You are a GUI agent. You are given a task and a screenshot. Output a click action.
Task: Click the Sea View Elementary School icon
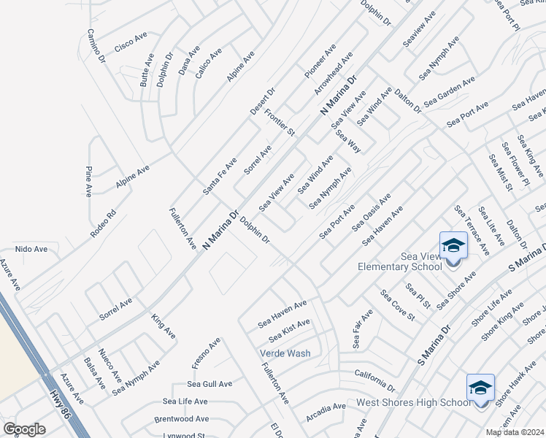point(453,246)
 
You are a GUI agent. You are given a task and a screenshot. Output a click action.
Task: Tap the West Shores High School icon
point(480,388)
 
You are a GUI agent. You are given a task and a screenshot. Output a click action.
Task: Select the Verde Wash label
point(285,353)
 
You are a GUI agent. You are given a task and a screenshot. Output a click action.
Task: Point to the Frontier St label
point(280,123)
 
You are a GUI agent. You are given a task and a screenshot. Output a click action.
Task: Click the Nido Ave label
point(31,249)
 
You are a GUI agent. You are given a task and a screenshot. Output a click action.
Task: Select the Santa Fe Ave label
point(220,176)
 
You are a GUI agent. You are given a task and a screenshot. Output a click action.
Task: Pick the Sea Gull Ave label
point(209,384)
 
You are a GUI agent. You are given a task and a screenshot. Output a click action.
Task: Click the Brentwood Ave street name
point(181,420)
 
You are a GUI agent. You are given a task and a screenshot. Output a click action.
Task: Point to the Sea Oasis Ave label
point(372,212)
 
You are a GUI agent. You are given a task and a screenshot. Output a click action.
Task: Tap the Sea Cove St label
point(398,306)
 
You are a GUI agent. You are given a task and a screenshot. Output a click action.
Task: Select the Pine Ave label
point(88,181)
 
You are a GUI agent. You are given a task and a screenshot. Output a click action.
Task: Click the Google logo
point(24,429)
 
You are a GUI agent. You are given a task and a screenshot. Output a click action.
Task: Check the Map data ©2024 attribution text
point(515,432)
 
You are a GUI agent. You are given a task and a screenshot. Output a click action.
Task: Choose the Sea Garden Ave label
point(450,91)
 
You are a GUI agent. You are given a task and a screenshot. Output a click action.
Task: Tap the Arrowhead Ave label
point(334,72)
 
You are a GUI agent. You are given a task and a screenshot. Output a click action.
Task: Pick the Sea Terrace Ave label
point(472,230)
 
